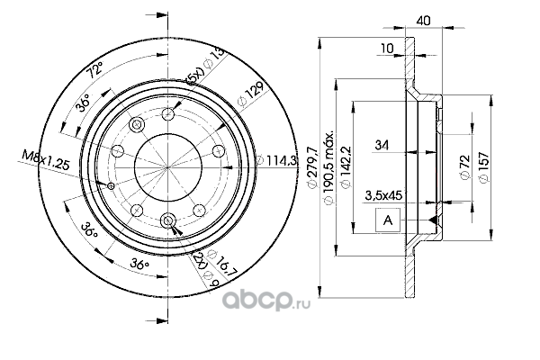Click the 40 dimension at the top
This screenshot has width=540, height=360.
click(x=423, y=21)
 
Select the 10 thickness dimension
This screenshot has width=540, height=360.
click(x=387, y=49)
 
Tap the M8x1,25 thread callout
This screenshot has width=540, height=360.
click(x=46, y=160)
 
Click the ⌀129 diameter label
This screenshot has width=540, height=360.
click(x=252, y=94)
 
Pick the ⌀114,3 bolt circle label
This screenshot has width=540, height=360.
click(x=276, y=160)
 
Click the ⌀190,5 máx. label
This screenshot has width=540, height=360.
click(x=328, y=166)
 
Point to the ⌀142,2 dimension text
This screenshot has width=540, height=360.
click(x=346, y=167)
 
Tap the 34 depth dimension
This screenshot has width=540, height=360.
click(x=382, y=146)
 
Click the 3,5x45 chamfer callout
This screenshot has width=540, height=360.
click(x=383, y=195)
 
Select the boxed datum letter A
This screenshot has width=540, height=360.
click(x=388, y=220)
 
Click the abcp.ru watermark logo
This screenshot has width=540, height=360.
click(x=266, y=300)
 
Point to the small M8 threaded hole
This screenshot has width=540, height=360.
click(x=111, y=186)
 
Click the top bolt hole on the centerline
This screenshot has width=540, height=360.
click(x=167, y=114)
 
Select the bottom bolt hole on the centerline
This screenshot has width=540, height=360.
click(x=167, y=220)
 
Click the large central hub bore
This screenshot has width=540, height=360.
click(x=167, y=167)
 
